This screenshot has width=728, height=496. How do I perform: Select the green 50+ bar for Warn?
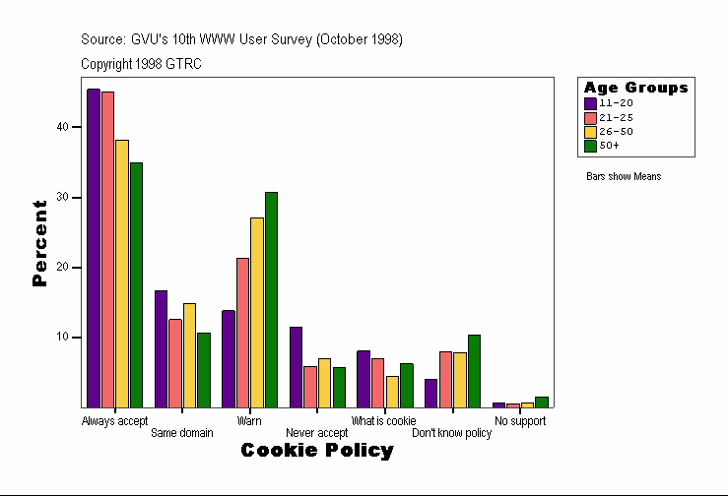(271, 299)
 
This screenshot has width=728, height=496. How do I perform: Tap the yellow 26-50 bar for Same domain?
(189, 355)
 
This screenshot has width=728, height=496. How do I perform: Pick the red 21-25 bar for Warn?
(242, 333)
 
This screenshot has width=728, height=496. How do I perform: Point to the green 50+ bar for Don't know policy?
(474, 371)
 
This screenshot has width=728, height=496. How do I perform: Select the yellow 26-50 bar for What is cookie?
(392, 392)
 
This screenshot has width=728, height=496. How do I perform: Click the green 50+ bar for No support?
(542, 402)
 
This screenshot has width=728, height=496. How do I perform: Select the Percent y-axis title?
(39, 243)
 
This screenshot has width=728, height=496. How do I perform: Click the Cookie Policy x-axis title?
(317, 451)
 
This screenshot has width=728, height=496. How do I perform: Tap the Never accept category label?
(316, 433)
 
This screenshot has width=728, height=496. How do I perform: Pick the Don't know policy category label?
(451, 433)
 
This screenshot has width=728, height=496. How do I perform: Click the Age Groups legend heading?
(635, 88)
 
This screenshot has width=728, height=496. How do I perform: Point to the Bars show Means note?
(624, 177)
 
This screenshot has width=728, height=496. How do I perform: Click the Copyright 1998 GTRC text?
(142, 63)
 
